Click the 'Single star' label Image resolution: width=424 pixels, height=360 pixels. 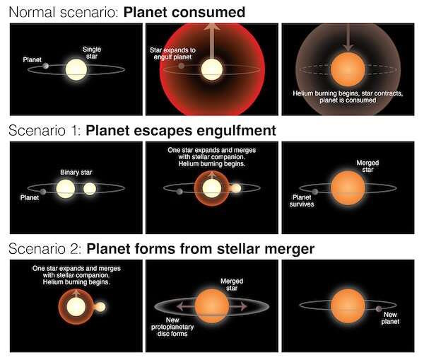click(x=92, y=53)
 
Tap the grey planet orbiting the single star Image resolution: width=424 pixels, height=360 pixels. click(x=46, y=66)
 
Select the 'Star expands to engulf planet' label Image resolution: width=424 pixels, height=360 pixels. click(x=172, y=54)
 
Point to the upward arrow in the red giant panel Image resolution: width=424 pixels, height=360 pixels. click(x=212, y=40)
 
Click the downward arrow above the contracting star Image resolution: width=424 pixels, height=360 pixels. click(x=348, y=37)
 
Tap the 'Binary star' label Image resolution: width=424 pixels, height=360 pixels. click(x=76, y=173)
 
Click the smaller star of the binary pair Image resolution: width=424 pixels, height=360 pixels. click(x=90, y=189)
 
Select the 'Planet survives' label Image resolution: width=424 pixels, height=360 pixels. click(x=302, y=201)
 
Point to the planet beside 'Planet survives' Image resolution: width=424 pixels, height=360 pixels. click(x=314, y=192)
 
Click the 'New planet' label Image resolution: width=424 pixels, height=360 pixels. click(x=390, y=318)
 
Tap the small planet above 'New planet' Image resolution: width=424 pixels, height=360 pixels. click(x=379, y=309)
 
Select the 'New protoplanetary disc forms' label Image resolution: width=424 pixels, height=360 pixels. click(x=172, y=327)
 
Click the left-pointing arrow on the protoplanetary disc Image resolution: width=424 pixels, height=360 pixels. click(x=185, y=306)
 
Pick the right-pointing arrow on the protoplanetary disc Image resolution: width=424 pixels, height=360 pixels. click(x=238, y=306)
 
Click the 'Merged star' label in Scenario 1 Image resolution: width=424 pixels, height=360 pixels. click(x=367, y=166)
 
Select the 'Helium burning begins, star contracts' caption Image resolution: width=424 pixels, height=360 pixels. click(x=348, y=93)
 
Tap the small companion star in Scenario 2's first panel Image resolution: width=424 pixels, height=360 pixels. click(x=100, y=307)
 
